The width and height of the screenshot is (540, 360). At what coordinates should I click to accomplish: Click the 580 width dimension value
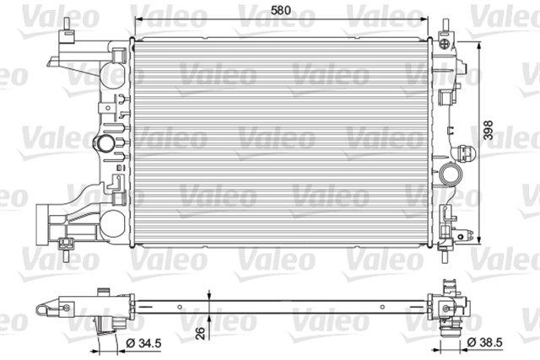284,11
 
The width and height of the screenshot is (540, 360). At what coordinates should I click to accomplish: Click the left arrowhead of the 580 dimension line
140,21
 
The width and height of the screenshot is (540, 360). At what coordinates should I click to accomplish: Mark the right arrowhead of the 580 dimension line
427,21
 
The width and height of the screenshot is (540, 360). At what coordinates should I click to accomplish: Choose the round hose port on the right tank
451,178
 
